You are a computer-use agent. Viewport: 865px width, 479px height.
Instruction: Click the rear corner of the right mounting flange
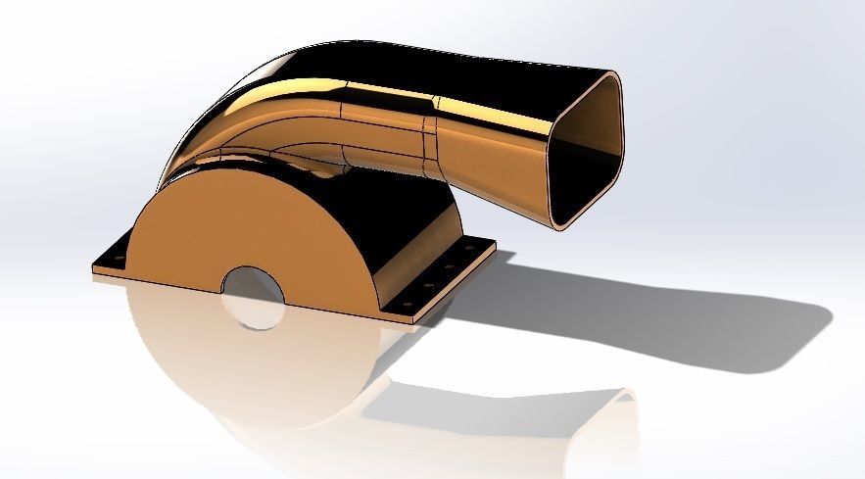pyautogui.click(x=495, y=246)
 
